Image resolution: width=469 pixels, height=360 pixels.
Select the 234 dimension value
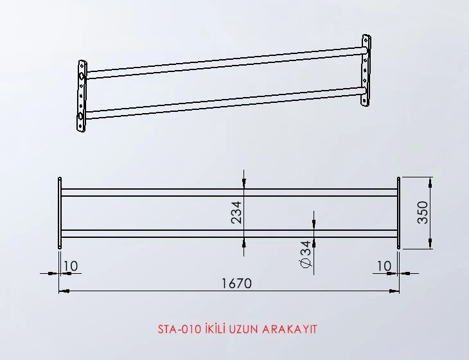pos(236,212)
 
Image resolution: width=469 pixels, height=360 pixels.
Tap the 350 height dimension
pos(422,212)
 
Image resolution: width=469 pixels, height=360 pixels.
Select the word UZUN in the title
pos(242,329)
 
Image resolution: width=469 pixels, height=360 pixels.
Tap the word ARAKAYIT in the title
pos(290,329)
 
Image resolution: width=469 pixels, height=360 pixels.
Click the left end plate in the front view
pos(60,213)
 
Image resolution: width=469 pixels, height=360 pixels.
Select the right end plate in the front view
pos(398,213)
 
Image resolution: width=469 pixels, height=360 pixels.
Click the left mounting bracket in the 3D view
pos(82,96)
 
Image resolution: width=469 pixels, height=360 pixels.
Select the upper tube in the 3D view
pos(225,62)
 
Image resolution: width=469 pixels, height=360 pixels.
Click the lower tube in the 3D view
pos(225,104)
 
